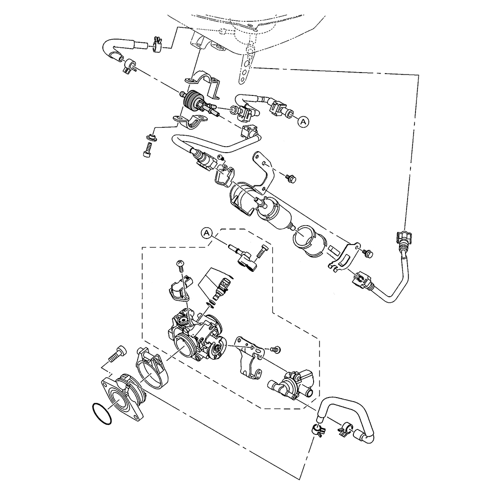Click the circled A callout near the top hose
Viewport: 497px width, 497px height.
[x=303, y=121]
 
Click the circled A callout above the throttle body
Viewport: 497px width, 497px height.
[x=206, y=233]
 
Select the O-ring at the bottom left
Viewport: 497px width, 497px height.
[x=101, y=414]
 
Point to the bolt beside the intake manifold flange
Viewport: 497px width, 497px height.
[x=117, y=353]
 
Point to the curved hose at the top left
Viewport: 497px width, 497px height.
[x=124, y=51]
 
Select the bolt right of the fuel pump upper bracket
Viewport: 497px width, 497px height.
[x=291, y=178]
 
